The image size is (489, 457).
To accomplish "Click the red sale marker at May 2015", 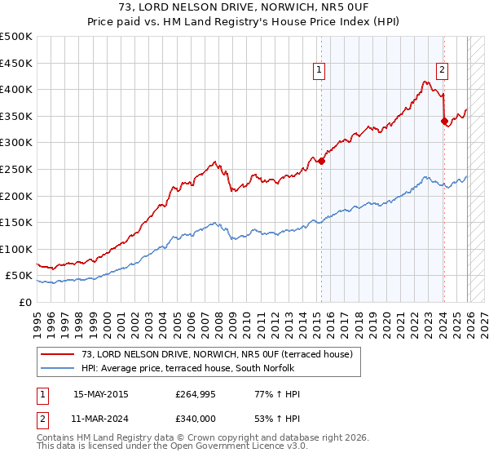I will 321,161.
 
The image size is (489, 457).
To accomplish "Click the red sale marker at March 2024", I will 444,121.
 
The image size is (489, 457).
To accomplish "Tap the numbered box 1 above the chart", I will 319,71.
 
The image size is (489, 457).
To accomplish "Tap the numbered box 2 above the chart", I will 442,71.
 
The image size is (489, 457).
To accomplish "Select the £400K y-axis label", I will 16,89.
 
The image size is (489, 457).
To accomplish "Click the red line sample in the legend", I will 58,354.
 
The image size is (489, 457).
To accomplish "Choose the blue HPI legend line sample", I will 58,366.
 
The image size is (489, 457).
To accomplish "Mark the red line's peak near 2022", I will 425,81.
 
